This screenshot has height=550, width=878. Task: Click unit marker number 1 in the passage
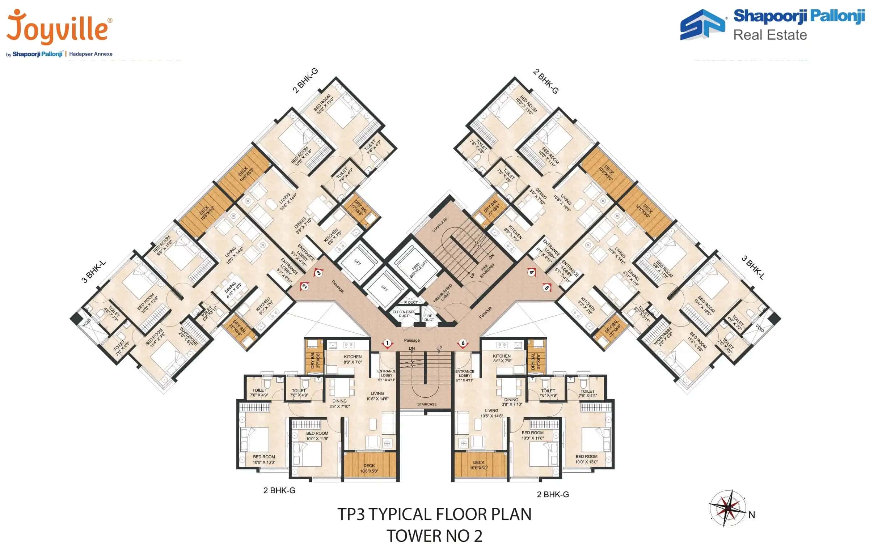pyautogui.click(x=387, y=343)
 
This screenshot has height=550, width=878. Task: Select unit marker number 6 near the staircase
pyautogui.click(x=463, y=343)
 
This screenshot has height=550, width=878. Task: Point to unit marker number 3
pyautogui.click(x=318, y=273)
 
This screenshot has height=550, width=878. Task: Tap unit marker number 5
pyautogui.click(x=546, y=288)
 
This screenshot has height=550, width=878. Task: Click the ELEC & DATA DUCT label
pyautogui.click(x=403, y=314)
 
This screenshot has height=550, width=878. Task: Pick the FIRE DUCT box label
pyautogui.click(x=429, y=317)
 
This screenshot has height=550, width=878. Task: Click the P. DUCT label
pyautogui.click(x=411, y=302)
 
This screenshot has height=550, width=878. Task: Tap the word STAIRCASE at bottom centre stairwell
pyautogui.click(x=427, y=404)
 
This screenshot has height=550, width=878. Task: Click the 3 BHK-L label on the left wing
pyautogui.click(x=93, y=271)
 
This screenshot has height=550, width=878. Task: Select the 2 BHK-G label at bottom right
pyautogui.click(x=553, y=494)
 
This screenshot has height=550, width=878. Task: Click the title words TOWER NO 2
pyautogui.click(x=434, y=536)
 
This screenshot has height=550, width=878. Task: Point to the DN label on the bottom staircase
pyautogui.click(x=412, y=349)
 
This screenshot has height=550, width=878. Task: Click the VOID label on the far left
pyautogui.click(x=86, y=322)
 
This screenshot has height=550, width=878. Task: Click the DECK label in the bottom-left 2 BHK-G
pyautogui.click(x=369, y=466)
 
